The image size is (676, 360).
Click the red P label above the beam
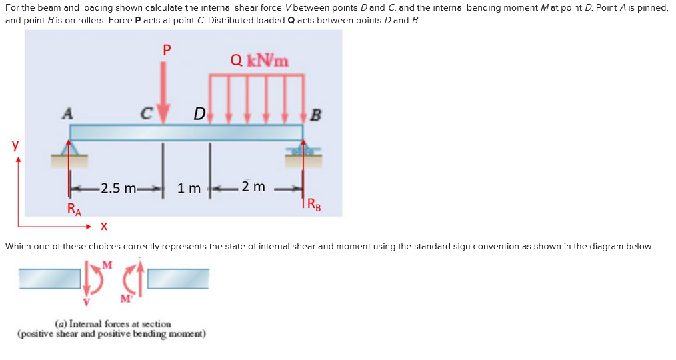click(167, 49)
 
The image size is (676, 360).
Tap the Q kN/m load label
click(259, 60)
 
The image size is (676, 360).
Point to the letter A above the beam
click(67, 113)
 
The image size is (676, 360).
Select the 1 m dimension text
click(189, 189)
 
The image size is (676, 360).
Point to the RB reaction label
click(313, 205)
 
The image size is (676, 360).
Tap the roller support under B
click(304, 149)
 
